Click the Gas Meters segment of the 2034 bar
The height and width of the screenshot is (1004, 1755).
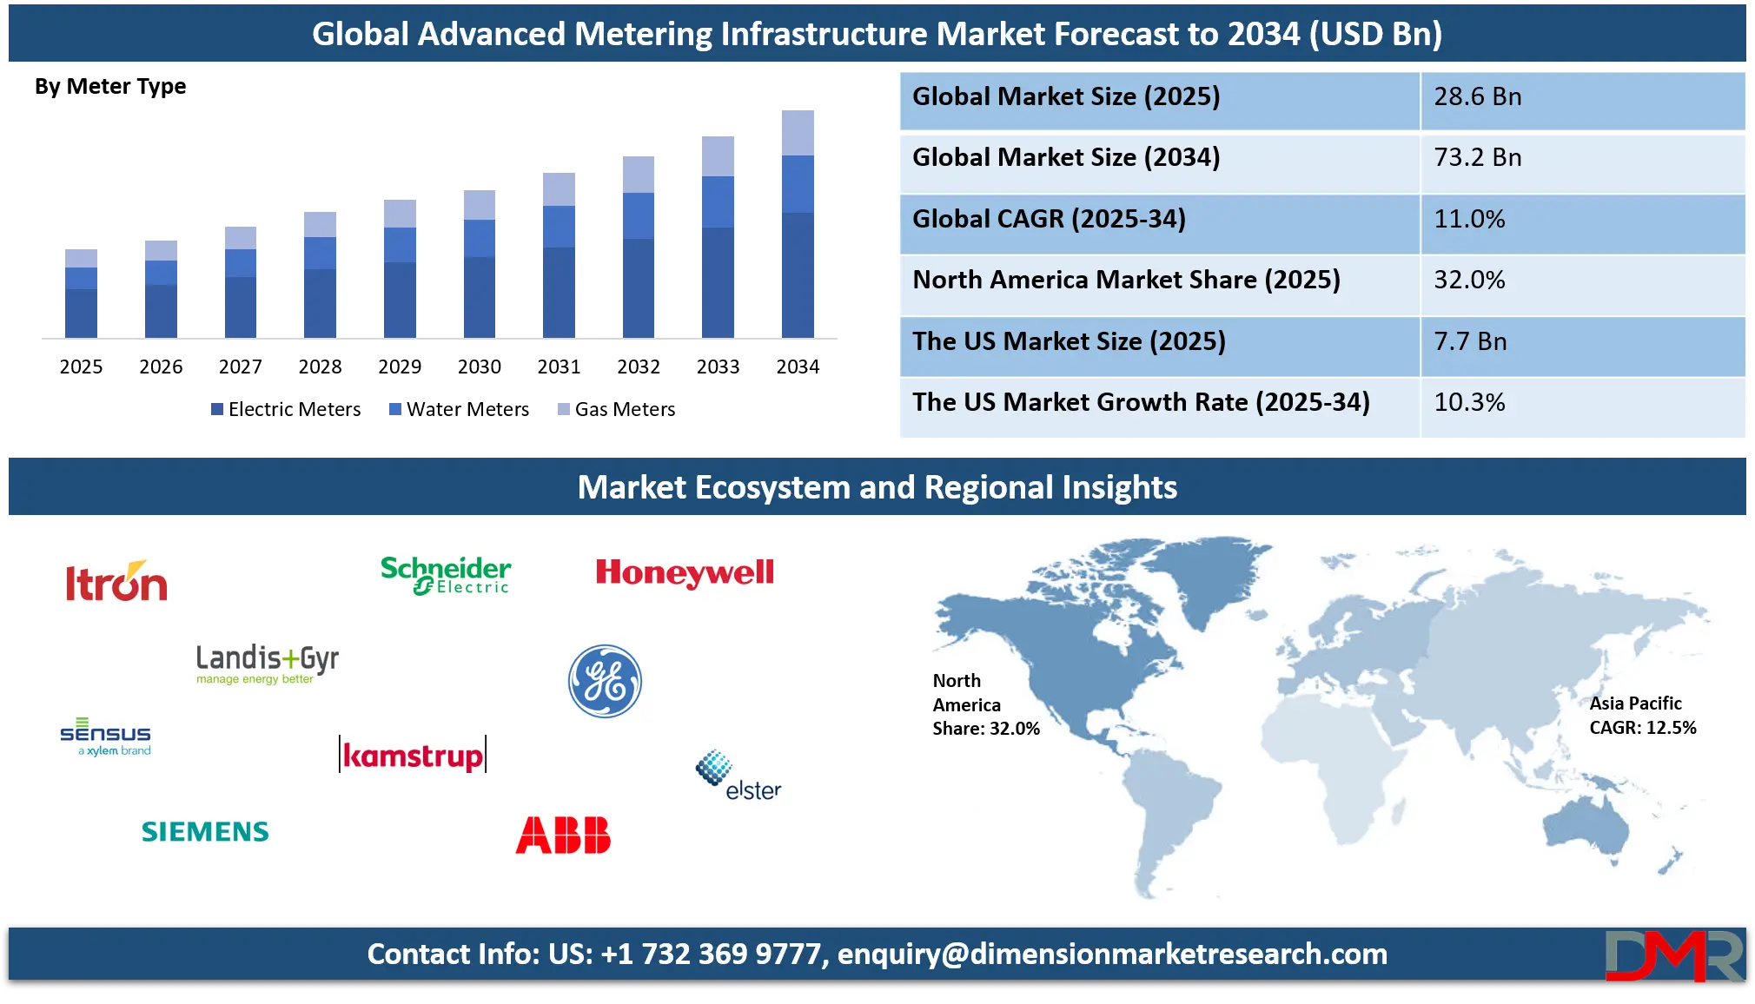click(x=798, y=133)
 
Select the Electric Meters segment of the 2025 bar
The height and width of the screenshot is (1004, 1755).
click(x=81, y=314)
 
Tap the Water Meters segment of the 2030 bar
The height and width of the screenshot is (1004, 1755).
click(x=480, y=239)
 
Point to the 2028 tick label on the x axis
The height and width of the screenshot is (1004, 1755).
click(x=320, y=367)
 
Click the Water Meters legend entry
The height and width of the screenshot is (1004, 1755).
click(x=459, y=409)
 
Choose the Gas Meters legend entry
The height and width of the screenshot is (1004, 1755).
click(x=616, y=409)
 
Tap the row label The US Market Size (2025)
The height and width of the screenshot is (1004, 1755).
click(x=1069, y=341)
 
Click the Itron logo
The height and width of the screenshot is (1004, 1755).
click(x=116, y=581)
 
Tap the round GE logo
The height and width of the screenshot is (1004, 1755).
click(x=605, y=681)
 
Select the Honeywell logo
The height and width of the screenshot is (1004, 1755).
click(x=685, y=572)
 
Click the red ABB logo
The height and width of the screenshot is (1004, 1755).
click(x=563, y=835)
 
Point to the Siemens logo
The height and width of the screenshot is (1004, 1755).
click(x=205, y=832)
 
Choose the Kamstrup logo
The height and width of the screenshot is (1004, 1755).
click(x=413, y=754)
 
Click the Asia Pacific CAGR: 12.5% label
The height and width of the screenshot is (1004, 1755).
click(x=1643, y=716)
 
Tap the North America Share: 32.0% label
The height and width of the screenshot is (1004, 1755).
click(x=986, y=704)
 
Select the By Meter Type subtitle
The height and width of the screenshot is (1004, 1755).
click(x=110, y=87)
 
